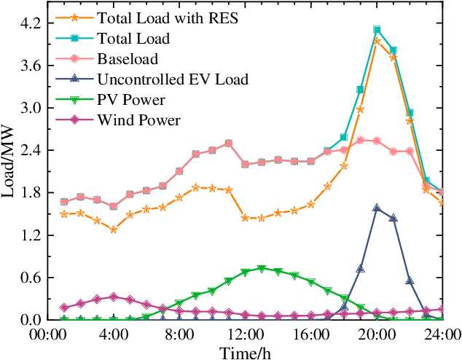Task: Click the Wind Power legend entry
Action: click(133, 120)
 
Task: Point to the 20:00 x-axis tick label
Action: click(377, 335)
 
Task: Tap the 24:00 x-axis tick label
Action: click(443, 335)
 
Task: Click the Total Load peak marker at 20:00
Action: click(377, 30)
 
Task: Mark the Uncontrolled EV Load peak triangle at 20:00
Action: click(377, 208)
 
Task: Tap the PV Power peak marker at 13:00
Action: click(262, 269)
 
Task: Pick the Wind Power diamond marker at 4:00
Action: click(113, 297)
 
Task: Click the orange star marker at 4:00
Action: click(113, 230)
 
